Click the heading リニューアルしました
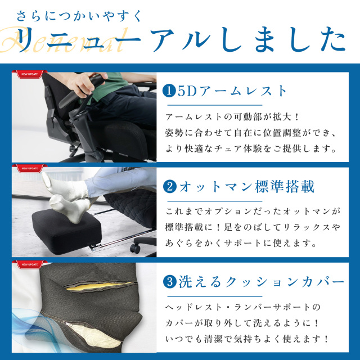pos(182,39)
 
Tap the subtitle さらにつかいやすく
pos(78,16)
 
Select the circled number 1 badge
pos(169,91)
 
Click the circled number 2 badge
pos(170,187)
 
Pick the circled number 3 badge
pos(170,282)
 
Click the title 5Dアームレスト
pos(232,91)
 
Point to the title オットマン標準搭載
pos(246,187)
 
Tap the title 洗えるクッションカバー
pos(261,282)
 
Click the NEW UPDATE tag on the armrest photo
pos(29,74)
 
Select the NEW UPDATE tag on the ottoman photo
pos(29,169)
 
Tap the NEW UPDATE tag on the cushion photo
pos(29,264)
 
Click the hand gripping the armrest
pos(85,83)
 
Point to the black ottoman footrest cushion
pos(66,231)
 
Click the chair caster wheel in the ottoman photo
pos(135,248)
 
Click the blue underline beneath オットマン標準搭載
pos(215,201)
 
